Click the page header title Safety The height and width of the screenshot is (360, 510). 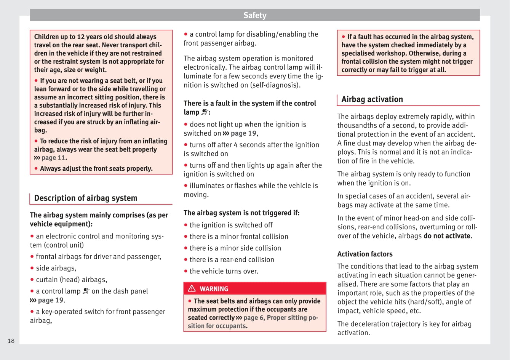255,15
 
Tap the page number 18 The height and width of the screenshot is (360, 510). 11,341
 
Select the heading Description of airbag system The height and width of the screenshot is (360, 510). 86,198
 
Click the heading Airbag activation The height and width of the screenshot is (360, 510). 372,99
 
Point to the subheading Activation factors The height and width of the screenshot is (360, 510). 365,254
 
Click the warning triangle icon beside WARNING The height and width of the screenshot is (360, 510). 192,288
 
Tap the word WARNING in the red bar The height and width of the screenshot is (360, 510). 214,289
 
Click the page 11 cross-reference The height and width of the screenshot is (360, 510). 53,158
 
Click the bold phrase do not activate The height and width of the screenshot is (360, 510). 447,236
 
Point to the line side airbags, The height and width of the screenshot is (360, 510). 56,268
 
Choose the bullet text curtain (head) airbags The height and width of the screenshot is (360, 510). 71,280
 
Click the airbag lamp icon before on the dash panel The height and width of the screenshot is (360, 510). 86,291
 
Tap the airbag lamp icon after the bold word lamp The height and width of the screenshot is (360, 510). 205,112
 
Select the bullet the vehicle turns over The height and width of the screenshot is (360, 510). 224,271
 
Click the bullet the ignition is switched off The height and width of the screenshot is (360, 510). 231,225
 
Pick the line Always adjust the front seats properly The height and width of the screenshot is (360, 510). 96,168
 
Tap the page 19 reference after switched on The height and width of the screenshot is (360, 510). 243,133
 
